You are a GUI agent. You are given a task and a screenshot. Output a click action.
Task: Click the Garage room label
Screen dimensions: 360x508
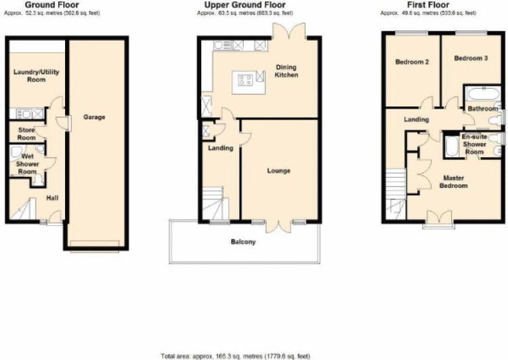coord(94,117)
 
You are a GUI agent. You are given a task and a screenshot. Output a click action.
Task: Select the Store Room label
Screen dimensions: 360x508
coord(26,134)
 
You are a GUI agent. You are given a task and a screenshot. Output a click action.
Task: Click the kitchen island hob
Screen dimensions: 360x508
coord(245,80)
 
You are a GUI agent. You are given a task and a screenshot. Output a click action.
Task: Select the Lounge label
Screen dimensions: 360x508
coord(278,171)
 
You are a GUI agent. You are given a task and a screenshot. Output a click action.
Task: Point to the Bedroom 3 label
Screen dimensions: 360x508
coord(471,58)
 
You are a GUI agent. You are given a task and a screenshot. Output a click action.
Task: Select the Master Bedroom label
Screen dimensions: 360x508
coord(454,182)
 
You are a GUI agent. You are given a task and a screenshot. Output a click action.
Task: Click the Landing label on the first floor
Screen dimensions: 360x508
coord(417,120)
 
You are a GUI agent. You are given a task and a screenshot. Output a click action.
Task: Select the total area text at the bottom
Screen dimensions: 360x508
coord(254,355)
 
